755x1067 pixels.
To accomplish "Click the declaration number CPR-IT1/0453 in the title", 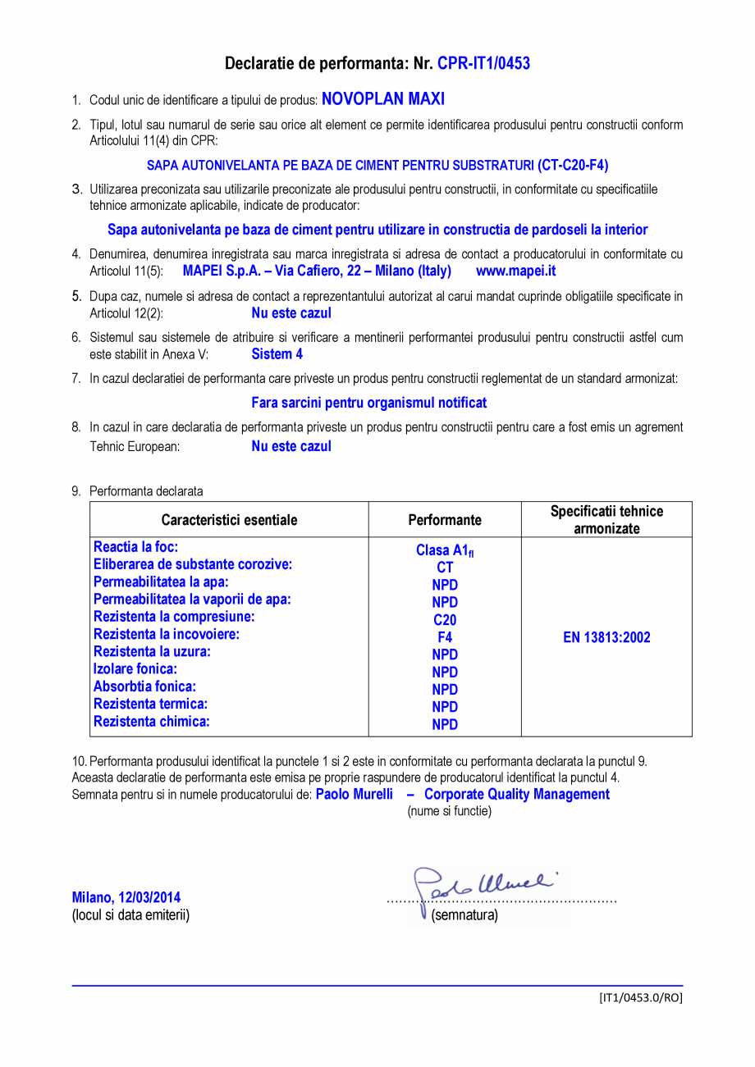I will [483, 63].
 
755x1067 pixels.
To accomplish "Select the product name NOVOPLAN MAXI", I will [382, 99].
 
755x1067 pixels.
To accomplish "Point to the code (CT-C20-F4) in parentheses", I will [574, 165].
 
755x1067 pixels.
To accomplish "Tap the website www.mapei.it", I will [515, 271].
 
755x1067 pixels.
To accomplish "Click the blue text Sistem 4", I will [277, 354].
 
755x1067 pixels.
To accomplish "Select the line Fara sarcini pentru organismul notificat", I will [368, 403].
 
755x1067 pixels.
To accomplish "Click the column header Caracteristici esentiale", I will [229, 520].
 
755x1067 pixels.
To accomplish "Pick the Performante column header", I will [445, 520].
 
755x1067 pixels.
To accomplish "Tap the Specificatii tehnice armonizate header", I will [606, 520].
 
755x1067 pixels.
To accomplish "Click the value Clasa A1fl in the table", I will [445, 550].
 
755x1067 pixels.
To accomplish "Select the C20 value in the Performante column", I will [445, 620].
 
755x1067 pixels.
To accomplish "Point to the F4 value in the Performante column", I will [445, 637].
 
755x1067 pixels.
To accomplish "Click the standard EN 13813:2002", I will [606, 637].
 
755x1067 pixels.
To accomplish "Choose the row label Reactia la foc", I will [136, 547].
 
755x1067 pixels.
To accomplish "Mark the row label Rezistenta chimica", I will [152, 722].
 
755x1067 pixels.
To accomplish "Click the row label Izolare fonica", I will [135, 669].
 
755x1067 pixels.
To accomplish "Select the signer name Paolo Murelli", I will [355, 794].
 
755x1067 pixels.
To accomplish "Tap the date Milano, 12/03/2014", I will [126, 897].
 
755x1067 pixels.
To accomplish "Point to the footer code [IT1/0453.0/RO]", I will [640, 997].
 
